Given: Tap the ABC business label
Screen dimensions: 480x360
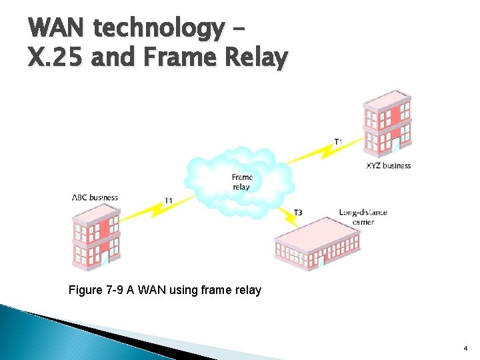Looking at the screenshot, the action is pos(95,197).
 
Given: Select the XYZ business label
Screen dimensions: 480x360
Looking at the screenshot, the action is pos(389,165).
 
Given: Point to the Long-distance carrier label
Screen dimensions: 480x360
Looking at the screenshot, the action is pos(363,217).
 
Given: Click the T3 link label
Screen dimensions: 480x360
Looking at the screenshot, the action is pos(298,213).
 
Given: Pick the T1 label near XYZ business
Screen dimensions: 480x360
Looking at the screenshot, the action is pos(339,141).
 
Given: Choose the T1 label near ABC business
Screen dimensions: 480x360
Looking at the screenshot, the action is pos(169,201).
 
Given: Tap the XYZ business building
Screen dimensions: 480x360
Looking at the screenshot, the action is pos(387,123).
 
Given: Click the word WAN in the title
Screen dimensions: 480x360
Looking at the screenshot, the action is pos(57,29).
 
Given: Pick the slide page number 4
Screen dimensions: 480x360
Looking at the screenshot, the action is pos(465,348).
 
